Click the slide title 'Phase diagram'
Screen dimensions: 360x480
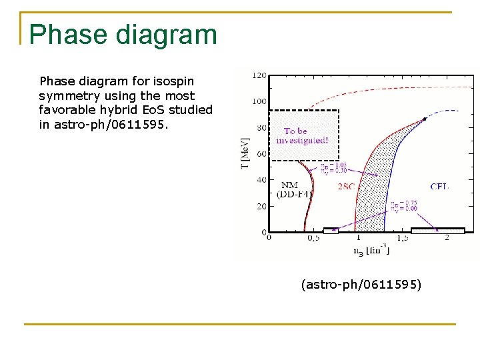123,35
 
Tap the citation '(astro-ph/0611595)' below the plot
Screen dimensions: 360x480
361,285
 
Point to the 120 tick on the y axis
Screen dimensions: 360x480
259,75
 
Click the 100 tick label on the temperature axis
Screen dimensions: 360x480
259,101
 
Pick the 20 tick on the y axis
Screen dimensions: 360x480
261,206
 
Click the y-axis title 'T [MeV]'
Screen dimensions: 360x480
245,153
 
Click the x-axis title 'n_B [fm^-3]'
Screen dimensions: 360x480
371,250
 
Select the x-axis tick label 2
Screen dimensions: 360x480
446,238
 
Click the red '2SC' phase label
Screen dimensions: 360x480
347,187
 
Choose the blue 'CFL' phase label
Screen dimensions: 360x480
439,187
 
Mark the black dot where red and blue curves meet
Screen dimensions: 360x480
425,119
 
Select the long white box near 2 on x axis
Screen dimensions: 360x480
437,231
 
